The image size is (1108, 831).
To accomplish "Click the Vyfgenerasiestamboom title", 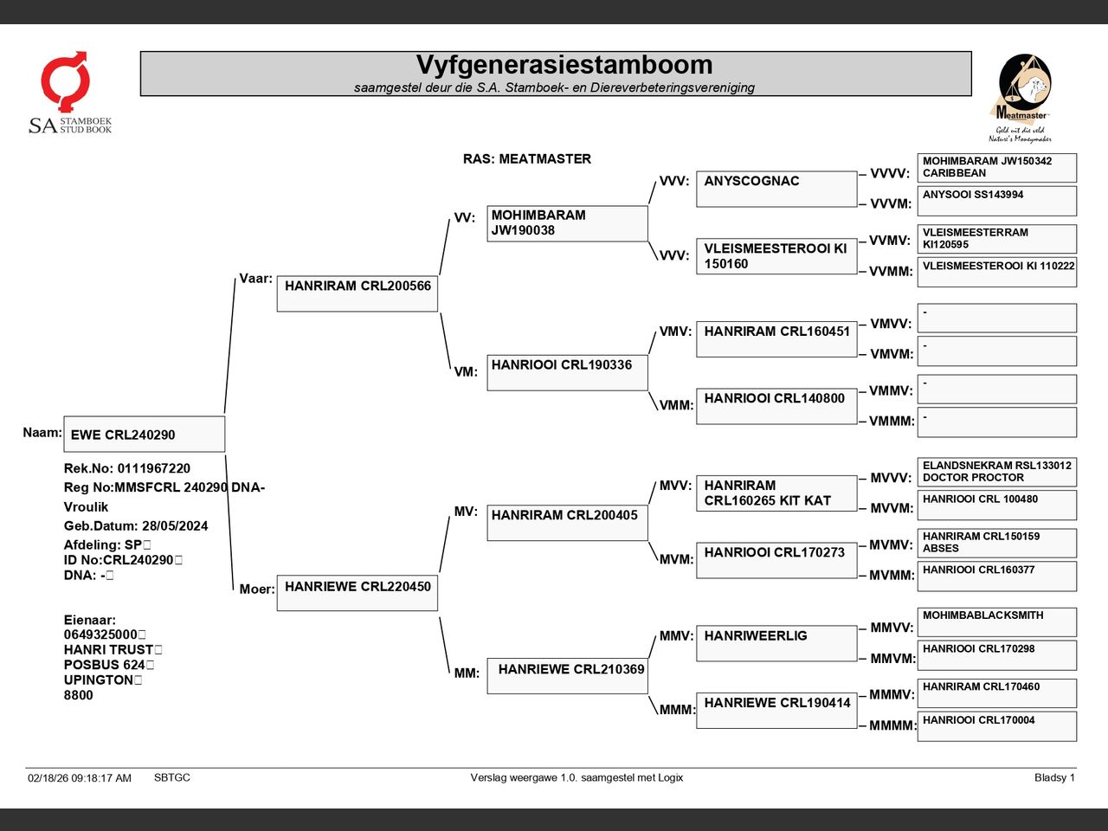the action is click(x=564, y=65).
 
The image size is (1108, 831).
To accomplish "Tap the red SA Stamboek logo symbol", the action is click(x=66, y=81).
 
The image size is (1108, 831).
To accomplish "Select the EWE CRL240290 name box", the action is click(x=145, y=434).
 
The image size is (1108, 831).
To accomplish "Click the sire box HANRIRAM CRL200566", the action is click(x=358, y=293).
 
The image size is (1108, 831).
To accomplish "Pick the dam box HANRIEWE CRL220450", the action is click(x=358, y=593).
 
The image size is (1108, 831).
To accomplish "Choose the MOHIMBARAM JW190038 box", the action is click(x=567, y=223).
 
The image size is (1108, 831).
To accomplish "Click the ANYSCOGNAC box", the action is click(x=776, y=189).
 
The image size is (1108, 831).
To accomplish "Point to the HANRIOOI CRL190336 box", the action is click(x=567, y=373).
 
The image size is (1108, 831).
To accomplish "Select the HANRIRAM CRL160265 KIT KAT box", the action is click(x=776, y=493).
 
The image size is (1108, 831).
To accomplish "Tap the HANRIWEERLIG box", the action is click(x=776, y=643).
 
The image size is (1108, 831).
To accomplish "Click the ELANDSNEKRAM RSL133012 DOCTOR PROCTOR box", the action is click(x=997, y=472).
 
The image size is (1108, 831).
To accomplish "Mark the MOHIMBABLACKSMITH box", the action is click(x=997, y=622).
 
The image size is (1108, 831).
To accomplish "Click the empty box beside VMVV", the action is click(x=997, y=318).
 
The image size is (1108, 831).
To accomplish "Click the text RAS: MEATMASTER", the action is click(x=527, y=159).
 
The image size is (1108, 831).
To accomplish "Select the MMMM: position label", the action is click(x=892, y=725).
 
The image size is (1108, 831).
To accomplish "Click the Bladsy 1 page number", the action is click(x=1054, y=777).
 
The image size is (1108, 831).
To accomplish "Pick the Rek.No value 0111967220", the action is click(x=154, y=468).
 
